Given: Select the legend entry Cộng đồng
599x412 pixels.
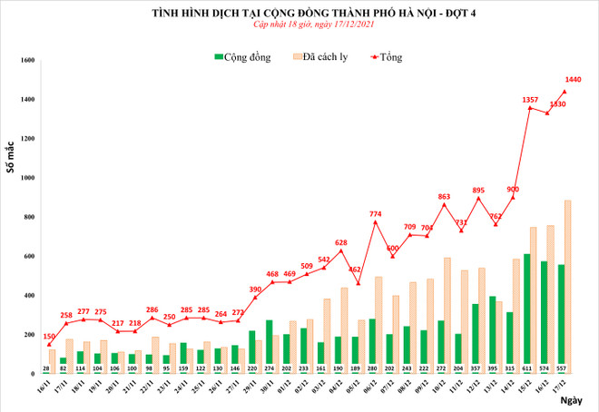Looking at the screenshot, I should click(242, 57).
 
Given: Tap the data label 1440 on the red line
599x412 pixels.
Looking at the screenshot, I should click(573, 80).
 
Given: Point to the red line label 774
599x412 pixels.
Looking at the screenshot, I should click(376, 213).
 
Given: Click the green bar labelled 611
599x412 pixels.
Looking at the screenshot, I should click(526, 313).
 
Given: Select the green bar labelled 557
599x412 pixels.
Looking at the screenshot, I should click(562, 319).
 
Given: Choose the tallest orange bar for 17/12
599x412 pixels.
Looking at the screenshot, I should click(567, 287).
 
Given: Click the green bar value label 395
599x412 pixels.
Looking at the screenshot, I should click(493, 368).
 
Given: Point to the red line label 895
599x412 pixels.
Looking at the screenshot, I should click(478, 190).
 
